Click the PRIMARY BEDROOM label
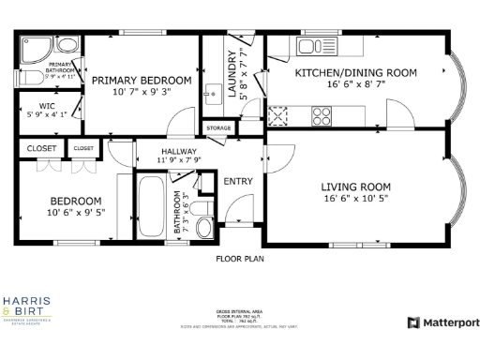point(142,81)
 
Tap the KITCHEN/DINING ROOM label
point(340,72)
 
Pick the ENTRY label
point(238,181)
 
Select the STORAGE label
point(218,127)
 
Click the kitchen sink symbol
point(311,46)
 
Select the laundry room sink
point(213,92)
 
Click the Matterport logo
point(443,322)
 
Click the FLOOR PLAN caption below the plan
point(240,258)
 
